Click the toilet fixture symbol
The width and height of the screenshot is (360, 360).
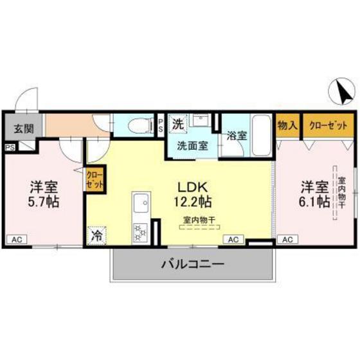137,125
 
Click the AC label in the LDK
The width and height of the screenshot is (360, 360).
233,240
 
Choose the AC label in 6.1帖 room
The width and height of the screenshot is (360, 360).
287,240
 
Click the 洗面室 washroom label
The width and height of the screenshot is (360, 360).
192,145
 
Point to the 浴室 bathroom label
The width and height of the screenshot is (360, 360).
237,136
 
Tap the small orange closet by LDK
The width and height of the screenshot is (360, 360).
93,178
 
